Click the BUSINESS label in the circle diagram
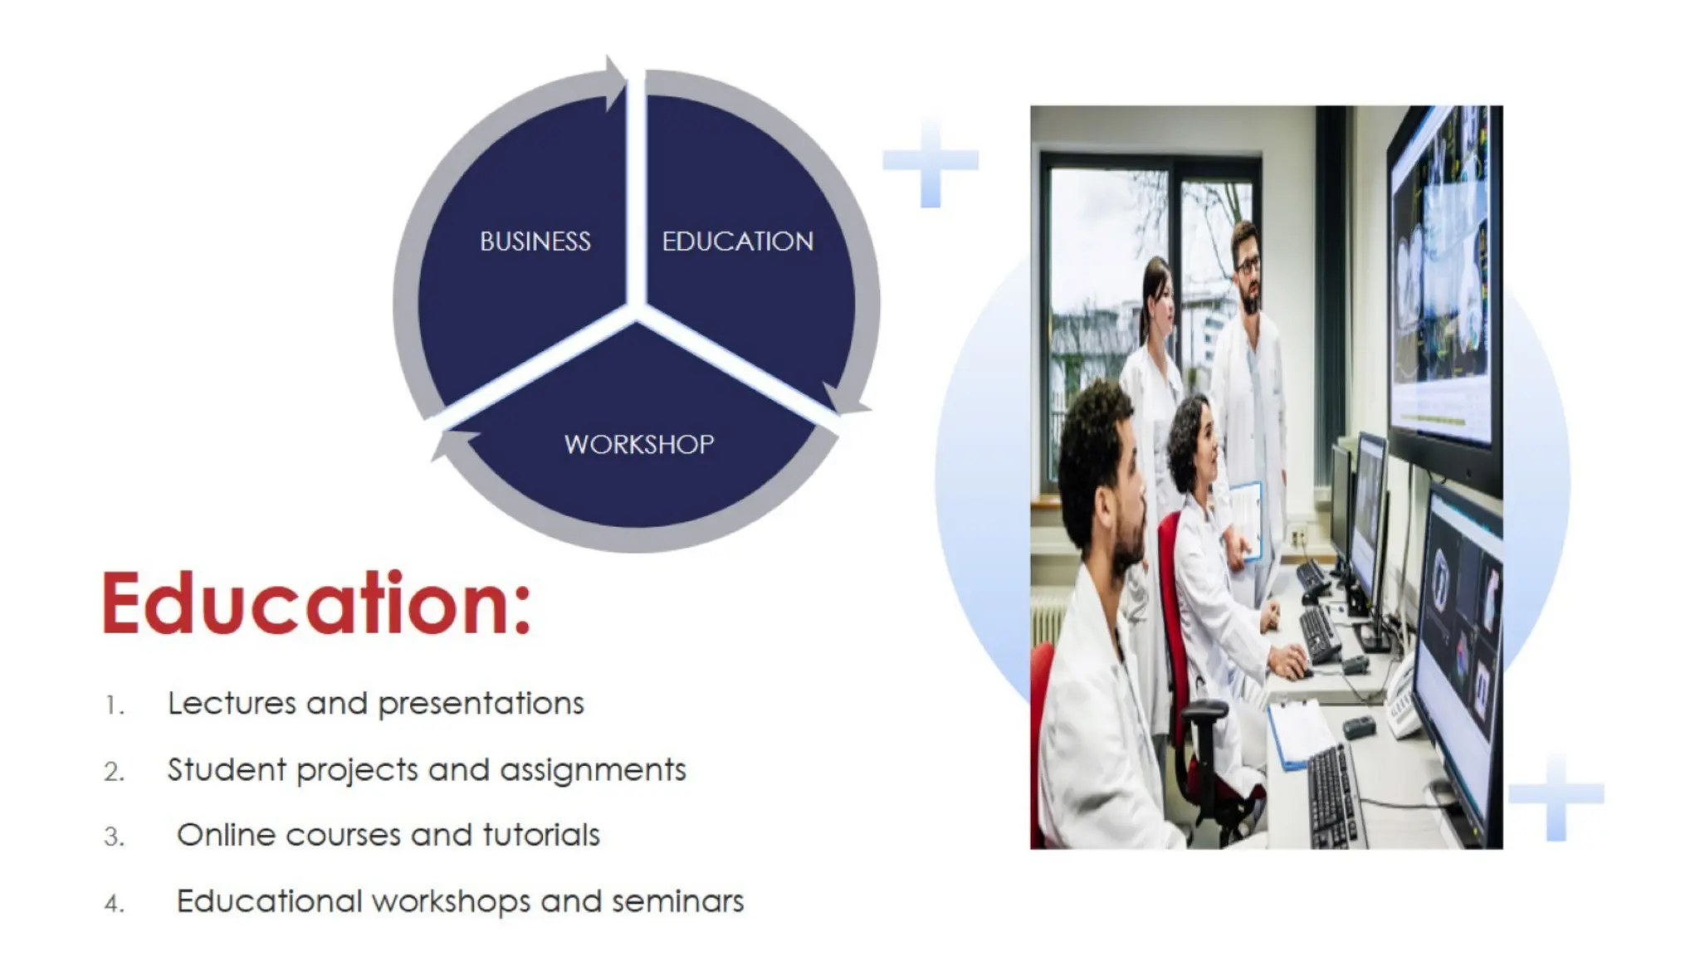(x=535, y=241)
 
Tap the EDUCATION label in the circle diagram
(x=737, y=241)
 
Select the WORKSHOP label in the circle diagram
(x=638, y=445)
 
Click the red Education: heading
(x=315, y=604)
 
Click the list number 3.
(x=114, y=836)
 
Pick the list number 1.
(x=114, y=706)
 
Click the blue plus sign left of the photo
(x=931, y=161)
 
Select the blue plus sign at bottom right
(x=1556, y=795)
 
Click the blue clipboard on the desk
(x=1299, y=732)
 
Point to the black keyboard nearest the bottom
(x=1332, y=797)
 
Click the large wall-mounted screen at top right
(x=1445, y=274)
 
